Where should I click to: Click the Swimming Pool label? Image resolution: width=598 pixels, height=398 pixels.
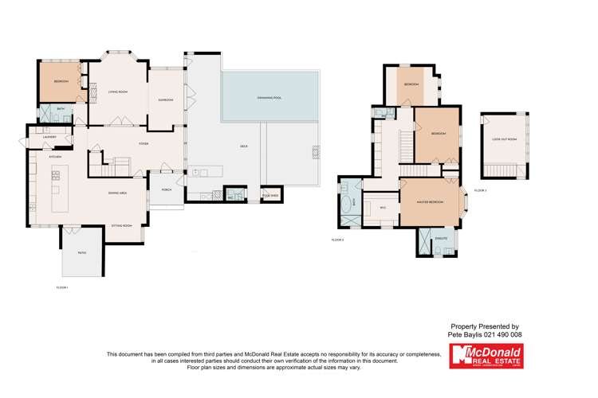coord(269,98)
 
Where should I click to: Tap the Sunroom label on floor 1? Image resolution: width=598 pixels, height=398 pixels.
coord(166,99)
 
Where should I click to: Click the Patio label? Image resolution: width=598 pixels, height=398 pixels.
coord(81,253)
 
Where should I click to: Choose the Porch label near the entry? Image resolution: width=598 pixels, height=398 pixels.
coord(167,190)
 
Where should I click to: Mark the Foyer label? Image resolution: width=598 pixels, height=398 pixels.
coord(144,143)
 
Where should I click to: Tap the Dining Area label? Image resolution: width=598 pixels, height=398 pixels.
coord(118,193)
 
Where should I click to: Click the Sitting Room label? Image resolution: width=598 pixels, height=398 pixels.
coord(121,226)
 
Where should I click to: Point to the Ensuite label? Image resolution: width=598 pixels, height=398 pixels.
coord(441,238)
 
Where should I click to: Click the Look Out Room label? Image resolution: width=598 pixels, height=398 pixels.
coord(504,139)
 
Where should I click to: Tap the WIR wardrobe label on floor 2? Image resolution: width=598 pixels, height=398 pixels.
coord(383,208)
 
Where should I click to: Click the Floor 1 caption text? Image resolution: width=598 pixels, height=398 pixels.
coord(62,287)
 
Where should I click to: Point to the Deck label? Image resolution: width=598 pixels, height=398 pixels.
coord(243,146)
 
